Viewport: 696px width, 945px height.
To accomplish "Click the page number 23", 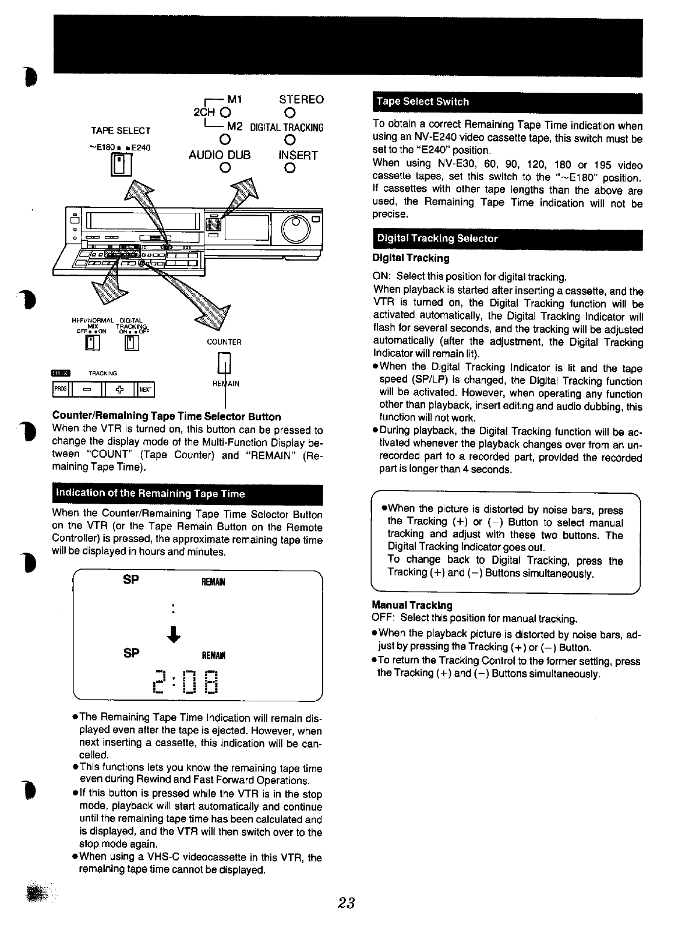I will click(x=346, y=903).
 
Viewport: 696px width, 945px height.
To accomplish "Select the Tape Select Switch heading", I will click(x=422, y=101).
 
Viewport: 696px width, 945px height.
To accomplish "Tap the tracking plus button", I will click(x=119, y=389).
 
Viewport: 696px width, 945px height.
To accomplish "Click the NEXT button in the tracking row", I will click(x=146, y=389).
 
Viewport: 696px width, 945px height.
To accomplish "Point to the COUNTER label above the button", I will click(x=224, y=342).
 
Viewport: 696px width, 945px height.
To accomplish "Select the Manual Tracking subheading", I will click(x=412, y=605).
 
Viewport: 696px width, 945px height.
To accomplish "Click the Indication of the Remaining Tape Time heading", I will click(x=150, y=494).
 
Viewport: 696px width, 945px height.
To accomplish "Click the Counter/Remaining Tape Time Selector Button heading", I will click(x=167, y=416).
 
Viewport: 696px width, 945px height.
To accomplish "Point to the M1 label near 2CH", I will click(x=234, y=100).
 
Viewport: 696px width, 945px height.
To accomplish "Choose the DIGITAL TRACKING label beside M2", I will click(x=287, y=128).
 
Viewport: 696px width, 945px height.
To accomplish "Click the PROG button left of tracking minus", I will click(x=60, y=389).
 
